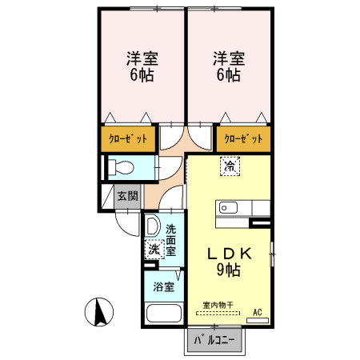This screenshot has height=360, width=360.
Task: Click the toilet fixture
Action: click(x=123, y=168)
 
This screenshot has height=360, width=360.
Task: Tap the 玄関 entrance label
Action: click(x=127, y=194)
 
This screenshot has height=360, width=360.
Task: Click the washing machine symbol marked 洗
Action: click(x=153, y=250)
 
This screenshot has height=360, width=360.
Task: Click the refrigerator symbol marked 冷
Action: click(x=230, y=166)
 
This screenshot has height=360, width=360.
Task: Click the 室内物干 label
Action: click(x=218, y=305)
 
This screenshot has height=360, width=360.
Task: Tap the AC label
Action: click(x=257, y=311)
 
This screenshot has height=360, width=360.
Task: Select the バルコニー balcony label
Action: click(x=214, y=341)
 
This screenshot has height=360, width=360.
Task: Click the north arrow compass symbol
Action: click(x=99, y=311)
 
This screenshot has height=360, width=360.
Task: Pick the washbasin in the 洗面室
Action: click(x=154, y=226)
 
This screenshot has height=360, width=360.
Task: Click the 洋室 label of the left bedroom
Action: click(x=142, y=59)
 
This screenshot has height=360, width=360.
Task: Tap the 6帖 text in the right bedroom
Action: click(x=229, y=77)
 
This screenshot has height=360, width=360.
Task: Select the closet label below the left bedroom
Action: click(x=129, y=138)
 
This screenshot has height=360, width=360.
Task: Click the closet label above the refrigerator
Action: click(x=242, y=138)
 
